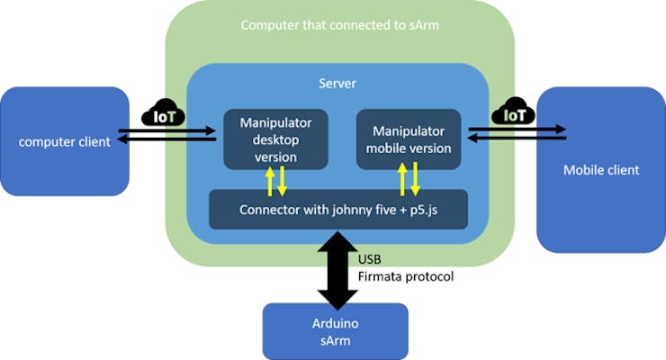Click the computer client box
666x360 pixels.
(65, 141)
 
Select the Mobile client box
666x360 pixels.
(600, 169)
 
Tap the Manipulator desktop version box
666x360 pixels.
(276, 139)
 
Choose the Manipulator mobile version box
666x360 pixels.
(409, 139)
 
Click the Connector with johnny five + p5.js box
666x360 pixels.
(338, 210)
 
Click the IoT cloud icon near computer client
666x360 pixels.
(163, 113)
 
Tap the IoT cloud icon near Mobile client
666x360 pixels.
(514, 113)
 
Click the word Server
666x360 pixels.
(337, 84)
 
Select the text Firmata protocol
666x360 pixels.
(406, 276)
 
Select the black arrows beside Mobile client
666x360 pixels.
(517, 135)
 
